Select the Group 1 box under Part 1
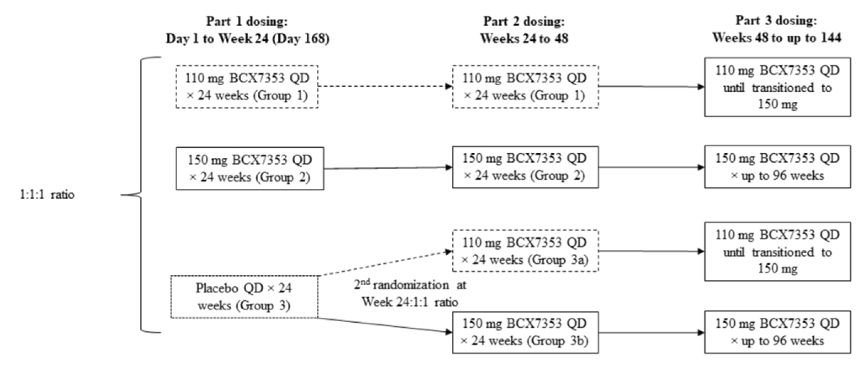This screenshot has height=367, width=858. click(x=247, y=87)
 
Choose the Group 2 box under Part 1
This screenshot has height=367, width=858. click(x=247, y=167)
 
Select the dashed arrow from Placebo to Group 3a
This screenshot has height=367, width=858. click(x=386, y=263)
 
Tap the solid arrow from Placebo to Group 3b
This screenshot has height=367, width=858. click(x=386, y=325)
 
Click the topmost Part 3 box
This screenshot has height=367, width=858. click(x=776, y=87)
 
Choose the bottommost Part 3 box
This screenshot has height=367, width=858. click(x=776, y=332)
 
